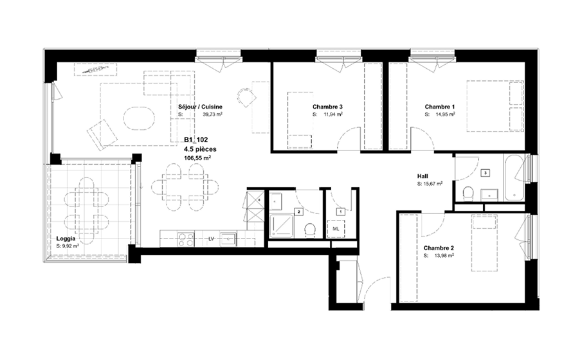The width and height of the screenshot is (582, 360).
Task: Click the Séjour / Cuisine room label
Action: click(x=200, y=107)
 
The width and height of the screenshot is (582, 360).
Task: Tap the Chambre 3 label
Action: click(x=327, y=107)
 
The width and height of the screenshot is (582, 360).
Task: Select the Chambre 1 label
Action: click(x=440, y=107)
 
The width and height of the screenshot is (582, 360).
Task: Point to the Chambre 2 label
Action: click(x=439, y=248)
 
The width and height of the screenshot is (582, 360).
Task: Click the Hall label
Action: click(x=423, y=176)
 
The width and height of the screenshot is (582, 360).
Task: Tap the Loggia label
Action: click(x=66, y=239)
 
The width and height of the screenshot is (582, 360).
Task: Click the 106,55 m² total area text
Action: click(x=197, y=157)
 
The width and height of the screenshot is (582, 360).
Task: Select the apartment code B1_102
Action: click(x=196, y=140)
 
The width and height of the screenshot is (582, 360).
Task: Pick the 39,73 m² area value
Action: click(x=212, y=114)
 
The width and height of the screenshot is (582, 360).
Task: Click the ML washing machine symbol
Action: click(x=336, y=229)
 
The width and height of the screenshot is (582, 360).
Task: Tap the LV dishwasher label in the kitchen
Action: click(x=211, y=239)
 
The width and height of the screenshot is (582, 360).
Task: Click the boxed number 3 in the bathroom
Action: click(x=485, y=173)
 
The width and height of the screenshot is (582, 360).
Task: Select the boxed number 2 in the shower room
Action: click(x=298, y=212)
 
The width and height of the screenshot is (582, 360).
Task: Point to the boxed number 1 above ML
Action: click(x=340, y=212)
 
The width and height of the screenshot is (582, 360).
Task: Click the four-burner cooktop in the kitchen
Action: click(x=186, y=239)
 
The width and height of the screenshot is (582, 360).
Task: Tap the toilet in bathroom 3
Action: click(x=468, y=194)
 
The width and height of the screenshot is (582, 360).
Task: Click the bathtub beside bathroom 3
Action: click(x=514, y=177)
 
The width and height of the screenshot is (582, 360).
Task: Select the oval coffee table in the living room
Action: click(x=138, y=119)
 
